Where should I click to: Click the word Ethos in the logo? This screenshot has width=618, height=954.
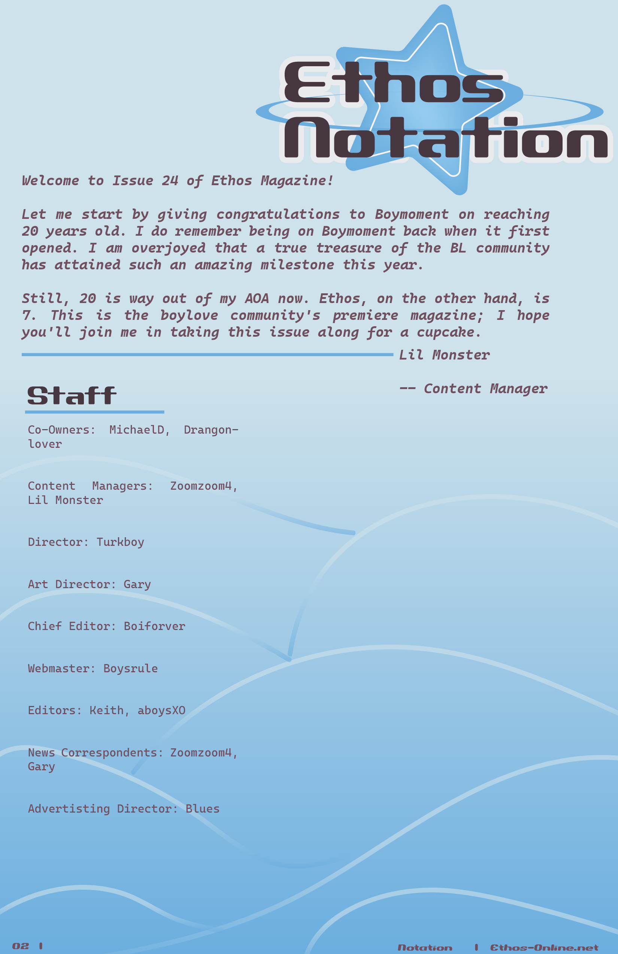(393, 82)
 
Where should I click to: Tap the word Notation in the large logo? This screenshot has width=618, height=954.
(445, 138)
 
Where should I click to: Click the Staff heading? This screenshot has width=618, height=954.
(72, 396)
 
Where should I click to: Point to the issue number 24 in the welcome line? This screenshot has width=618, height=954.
(170, 181)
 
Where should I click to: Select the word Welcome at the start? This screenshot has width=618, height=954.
(51, 181)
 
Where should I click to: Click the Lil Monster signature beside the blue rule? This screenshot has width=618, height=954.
(444, 355)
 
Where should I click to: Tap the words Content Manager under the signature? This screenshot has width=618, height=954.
(485, 389)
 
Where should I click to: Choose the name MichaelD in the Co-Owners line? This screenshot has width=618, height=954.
(137, 430)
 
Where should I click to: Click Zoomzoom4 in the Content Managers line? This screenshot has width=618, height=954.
(201, 486)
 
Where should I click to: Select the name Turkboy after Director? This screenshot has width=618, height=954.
(120, 542)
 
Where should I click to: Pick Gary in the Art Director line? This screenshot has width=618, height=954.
(137, 584)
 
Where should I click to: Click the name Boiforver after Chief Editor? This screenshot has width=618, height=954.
(154, 626)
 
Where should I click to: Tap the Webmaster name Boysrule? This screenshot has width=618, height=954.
(130, 668)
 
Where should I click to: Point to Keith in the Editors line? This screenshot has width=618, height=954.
(106, 710)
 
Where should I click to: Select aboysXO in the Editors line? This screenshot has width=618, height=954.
(161, 710)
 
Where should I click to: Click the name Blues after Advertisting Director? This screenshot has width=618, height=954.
(202, 809)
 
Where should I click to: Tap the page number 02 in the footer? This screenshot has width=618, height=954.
(21, 946)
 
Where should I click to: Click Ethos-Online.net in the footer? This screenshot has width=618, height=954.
(544, 948)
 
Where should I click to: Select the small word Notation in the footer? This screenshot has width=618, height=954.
(425, 948)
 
